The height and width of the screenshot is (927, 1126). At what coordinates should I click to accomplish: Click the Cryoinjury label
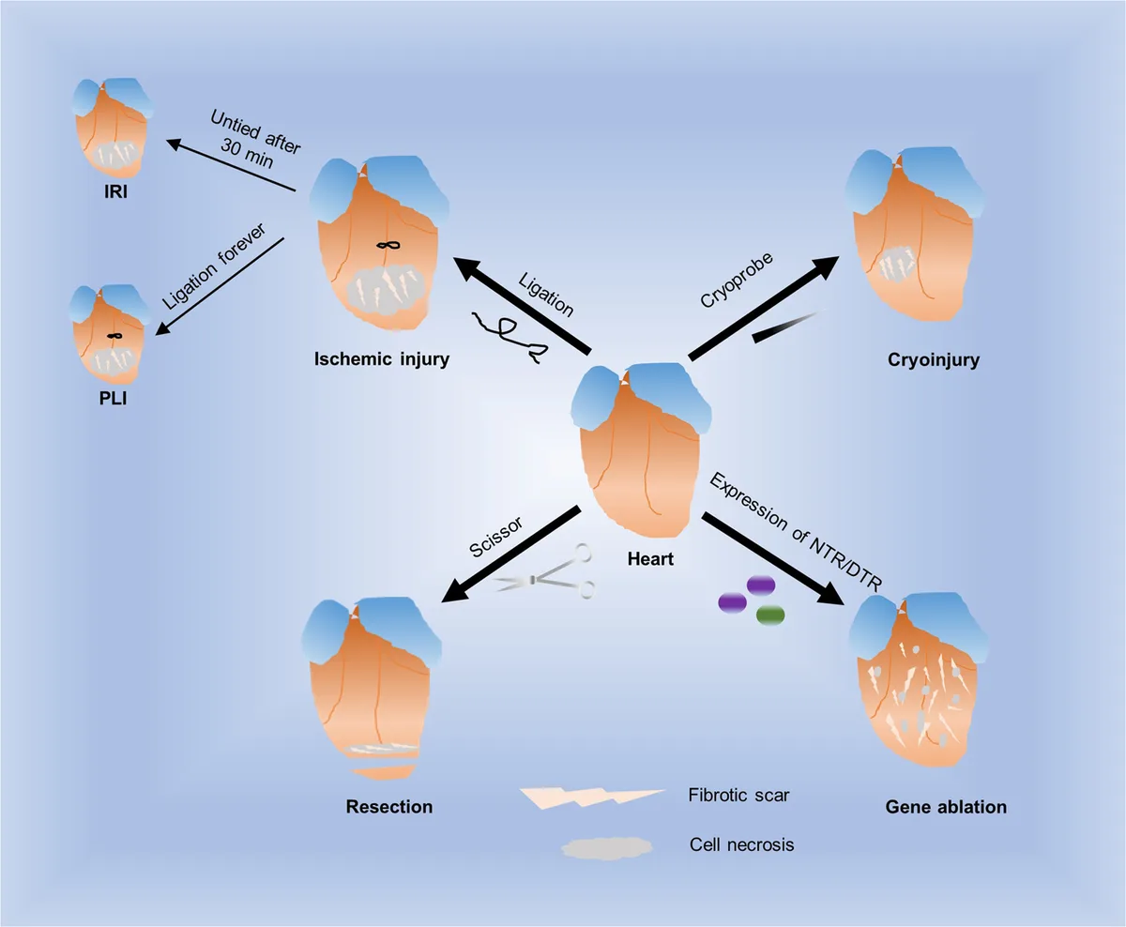pos(932,359)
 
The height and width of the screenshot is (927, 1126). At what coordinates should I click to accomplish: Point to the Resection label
pos(389,806)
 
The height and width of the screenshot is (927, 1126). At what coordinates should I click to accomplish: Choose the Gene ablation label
pos(946,806)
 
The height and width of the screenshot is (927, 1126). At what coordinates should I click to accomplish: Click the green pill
pos(769,615)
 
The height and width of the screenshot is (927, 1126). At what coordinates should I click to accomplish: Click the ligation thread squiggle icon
pos(511,336)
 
